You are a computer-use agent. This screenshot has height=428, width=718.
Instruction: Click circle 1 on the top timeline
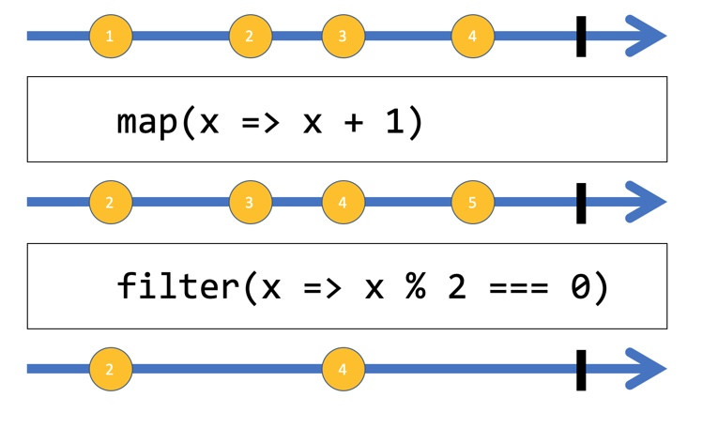click(x=111, y=37)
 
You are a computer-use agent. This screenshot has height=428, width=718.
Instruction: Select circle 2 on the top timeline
click(x=251, y=37)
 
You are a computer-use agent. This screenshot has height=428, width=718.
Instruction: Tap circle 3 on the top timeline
click(x=344, y=37)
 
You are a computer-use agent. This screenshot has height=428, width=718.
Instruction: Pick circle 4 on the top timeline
click(x=473, y=37)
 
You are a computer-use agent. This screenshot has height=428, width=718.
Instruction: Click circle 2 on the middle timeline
click(x=111, y=203)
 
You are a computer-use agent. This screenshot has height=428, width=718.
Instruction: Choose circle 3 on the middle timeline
click(x=251, y=203)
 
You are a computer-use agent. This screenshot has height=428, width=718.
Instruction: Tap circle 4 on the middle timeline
click(x=344, y=203)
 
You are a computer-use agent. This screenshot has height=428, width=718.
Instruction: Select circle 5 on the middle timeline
click(x=473, y=203)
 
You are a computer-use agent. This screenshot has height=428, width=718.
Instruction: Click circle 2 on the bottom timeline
click(x=111, y=369)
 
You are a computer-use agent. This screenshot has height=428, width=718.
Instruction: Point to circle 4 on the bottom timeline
click(x=344, y=369)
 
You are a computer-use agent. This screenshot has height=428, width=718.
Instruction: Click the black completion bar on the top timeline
click(x=581, y=37)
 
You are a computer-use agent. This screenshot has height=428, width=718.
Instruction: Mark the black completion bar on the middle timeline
click(x=581, y=204)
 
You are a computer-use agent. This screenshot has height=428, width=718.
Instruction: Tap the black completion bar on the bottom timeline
click(x=581, y=371)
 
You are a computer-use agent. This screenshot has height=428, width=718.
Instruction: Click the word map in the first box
click(x=147, y=123)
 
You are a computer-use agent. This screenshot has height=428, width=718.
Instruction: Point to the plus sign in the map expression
click(x=354, y=123)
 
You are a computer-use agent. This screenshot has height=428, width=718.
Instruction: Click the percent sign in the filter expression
click(x=416, y=285)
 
